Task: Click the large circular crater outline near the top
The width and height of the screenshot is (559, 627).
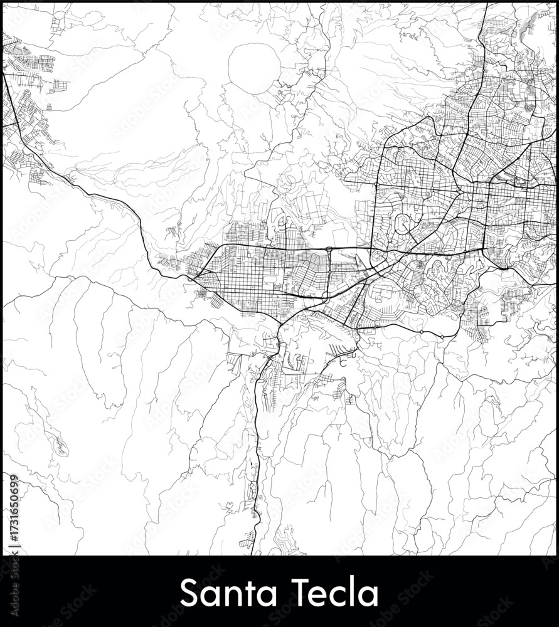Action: pos(254,68)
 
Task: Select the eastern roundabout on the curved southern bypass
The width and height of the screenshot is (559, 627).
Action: pos(443,337)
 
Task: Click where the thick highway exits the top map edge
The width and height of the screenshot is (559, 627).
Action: pos(487,4)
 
